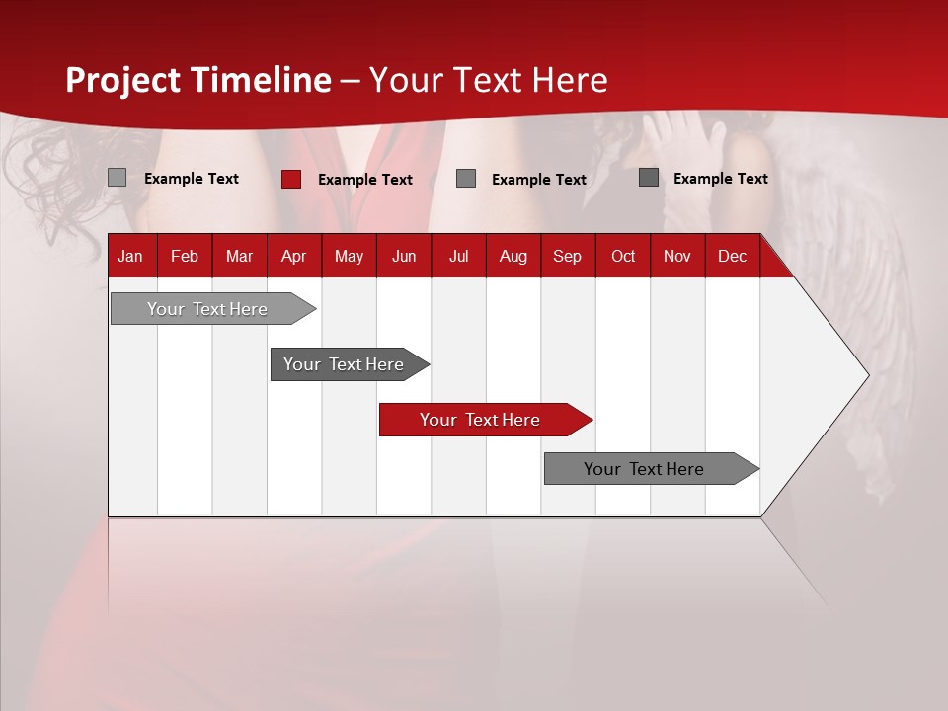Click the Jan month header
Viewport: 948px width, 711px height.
click(x=130, y=256)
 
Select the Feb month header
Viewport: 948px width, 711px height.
click(x=185, y=256)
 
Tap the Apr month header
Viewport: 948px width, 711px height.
click(x=293, y=256)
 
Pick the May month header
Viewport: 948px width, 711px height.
click(x=349, y=256)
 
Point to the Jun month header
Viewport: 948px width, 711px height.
click(x=404, y=256)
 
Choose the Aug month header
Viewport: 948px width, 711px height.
click(x=513, y=256)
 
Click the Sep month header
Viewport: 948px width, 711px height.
click(x=567, y=256)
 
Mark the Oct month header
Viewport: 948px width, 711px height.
click(x=623, y=256)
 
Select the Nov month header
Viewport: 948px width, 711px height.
click(x=677, y=256)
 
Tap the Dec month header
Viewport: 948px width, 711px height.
click(x=732, y=256)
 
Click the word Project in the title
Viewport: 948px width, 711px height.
click(x=123, y=80)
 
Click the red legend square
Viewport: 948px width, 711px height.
click(x=291, y=179)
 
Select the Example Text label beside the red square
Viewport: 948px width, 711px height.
click(x=364, y=180)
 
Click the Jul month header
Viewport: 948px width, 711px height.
click(x=459, y=256)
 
